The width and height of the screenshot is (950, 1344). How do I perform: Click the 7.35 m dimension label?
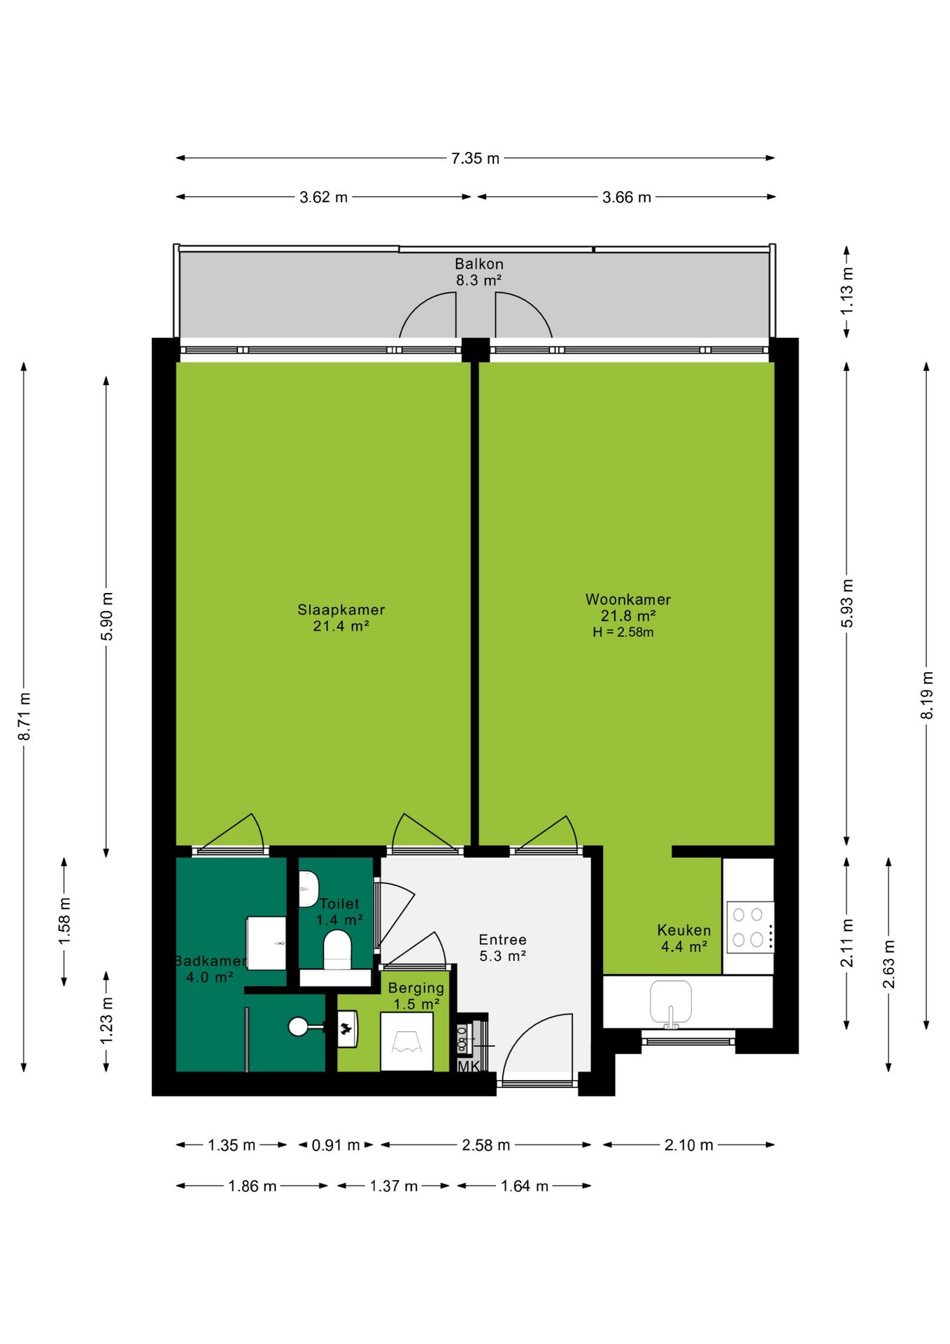tap(475, 158)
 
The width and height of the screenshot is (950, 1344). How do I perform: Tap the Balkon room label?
tap(479, 264)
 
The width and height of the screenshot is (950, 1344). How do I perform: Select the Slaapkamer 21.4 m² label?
tap(341, 617)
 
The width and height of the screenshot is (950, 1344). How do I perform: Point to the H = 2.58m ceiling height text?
tap(623, 632)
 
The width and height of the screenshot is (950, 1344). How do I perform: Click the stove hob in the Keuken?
tap(750, 927)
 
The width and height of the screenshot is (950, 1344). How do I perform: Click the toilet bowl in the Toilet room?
tap(337, 950)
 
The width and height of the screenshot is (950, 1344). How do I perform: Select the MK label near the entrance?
tap(469, 1066)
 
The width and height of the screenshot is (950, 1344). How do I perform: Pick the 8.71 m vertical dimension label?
tap(24, 716)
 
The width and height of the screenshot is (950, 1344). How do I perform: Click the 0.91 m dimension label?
tap(336, 1145)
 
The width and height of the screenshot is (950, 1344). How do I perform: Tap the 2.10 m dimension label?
tap(689, 1145)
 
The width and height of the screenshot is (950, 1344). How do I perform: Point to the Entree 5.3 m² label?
tap(503, 948)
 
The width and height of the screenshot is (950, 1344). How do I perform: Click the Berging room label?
tap(416, 988)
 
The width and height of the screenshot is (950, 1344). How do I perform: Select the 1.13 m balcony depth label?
tap(847, 290)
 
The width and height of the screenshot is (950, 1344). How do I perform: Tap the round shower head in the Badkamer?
tap(299, 1027)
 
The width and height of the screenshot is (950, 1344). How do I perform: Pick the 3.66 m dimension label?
tap(627, 197)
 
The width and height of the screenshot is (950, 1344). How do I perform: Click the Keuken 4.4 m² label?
tap(684, 938)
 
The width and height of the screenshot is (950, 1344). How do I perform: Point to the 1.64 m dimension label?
tap(525, 1186)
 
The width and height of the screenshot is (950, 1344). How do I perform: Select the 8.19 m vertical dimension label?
tap(927, 695)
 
